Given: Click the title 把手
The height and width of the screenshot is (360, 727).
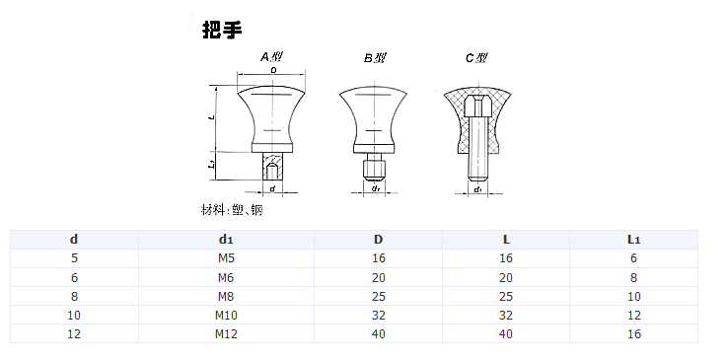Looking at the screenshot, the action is [222, 31].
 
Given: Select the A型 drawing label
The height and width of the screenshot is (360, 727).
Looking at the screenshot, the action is [271, 57].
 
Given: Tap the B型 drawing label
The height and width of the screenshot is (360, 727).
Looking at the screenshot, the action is [375, 58].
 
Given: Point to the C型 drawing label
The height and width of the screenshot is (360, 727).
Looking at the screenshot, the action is [476, 58].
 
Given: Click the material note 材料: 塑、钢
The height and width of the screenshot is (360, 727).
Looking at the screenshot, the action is [232, 210].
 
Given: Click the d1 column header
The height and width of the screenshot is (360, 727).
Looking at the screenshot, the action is [226, 239].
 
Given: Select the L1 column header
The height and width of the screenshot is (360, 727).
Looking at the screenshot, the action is [633, 239].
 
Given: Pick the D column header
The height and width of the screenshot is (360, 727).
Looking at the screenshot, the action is [379, 239].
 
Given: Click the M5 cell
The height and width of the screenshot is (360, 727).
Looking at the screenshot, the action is [226, 258].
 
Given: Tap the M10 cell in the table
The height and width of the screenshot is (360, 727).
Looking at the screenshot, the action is [226, 315].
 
